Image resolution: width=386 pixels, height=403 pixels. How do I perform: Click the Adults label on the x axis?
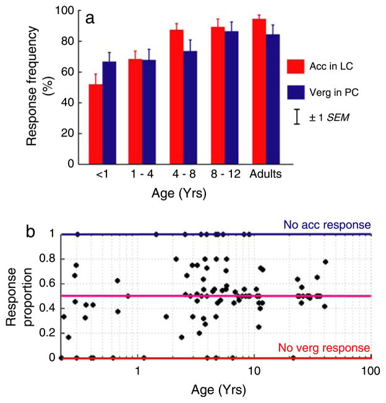pos(266,175)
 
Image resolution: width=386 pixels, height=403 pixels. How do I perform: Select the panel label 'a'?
pos(90,19)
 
